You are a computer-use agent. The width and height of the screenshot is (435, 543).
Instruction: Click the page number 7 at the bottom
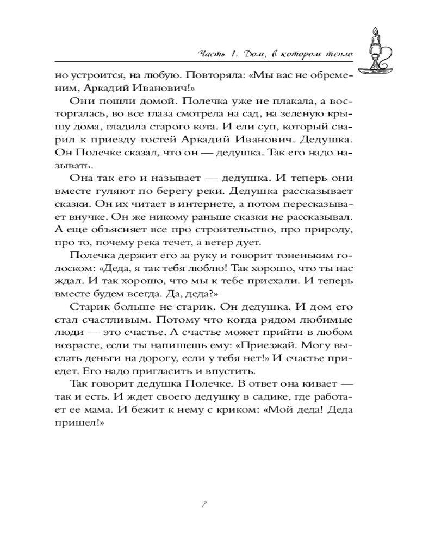coord(202,504)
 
